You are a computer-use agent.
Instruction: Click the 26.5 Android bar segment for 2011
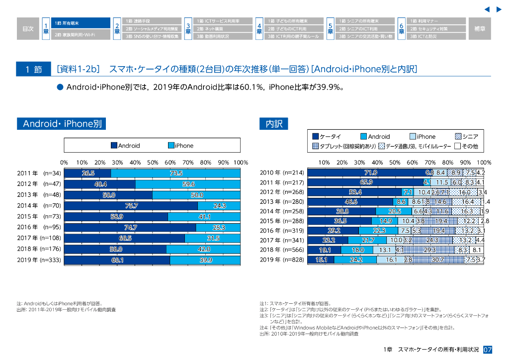87,173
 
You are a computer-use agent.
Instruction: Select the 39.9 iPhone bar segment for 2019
205,260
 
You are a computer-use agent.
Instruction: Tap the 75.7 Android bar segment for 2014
131,206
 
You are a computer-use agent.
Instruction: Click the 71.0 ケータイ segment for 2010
370,173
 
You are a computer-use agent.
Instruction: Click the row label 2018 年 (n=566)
281,250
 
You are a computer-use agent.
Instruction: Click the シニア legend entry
466,137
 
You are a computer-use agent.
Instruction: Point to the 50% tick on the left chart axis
153,163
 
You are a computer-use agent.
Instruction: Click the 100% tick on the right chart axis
484,163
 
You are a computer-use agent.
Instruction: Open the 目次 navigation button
28,29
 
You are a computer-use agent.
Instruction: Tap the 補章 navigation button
480,29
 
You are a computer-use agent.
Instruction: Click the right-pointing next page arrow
499,9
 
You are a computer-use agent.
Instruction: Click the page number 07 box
488,350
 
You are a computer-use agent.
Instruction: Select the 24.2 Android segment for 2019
355,260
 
